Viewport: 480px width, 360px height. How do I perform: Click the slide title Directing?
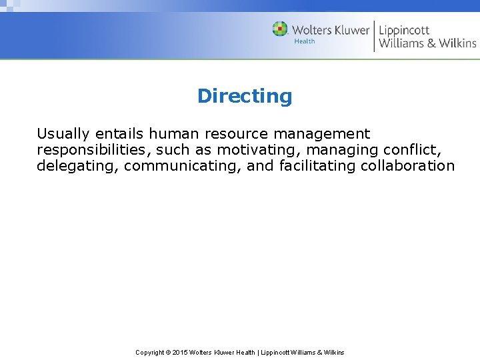(x=245, y=96)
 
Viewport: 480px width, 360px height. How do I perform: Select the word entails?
(x=118, y=134)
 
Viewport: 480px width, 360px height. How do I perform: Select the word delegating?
(x=78, y=166)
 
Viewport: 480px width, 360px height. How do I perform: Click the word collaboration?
(x=407, y=166)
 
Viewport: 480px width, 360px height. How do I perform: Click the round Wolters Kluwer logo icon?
(x=280, y=29)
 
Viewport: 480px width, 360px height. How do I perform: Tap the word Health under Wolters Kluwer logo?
(x=305, y=41)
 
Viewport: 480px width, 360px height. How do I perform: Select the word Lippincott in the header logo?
(x=404, y=31)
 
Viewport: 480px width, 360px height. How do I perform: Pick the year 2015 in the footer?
(x=180, y=353)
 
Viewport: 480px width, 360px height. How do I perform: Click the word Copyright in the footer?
(x=150, y=353)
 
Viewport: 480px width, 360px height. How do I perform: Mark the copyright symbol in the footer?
(x=168, y=353)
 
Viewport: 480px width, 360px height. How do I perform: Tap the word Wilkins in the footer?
(x=333, y=353)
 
